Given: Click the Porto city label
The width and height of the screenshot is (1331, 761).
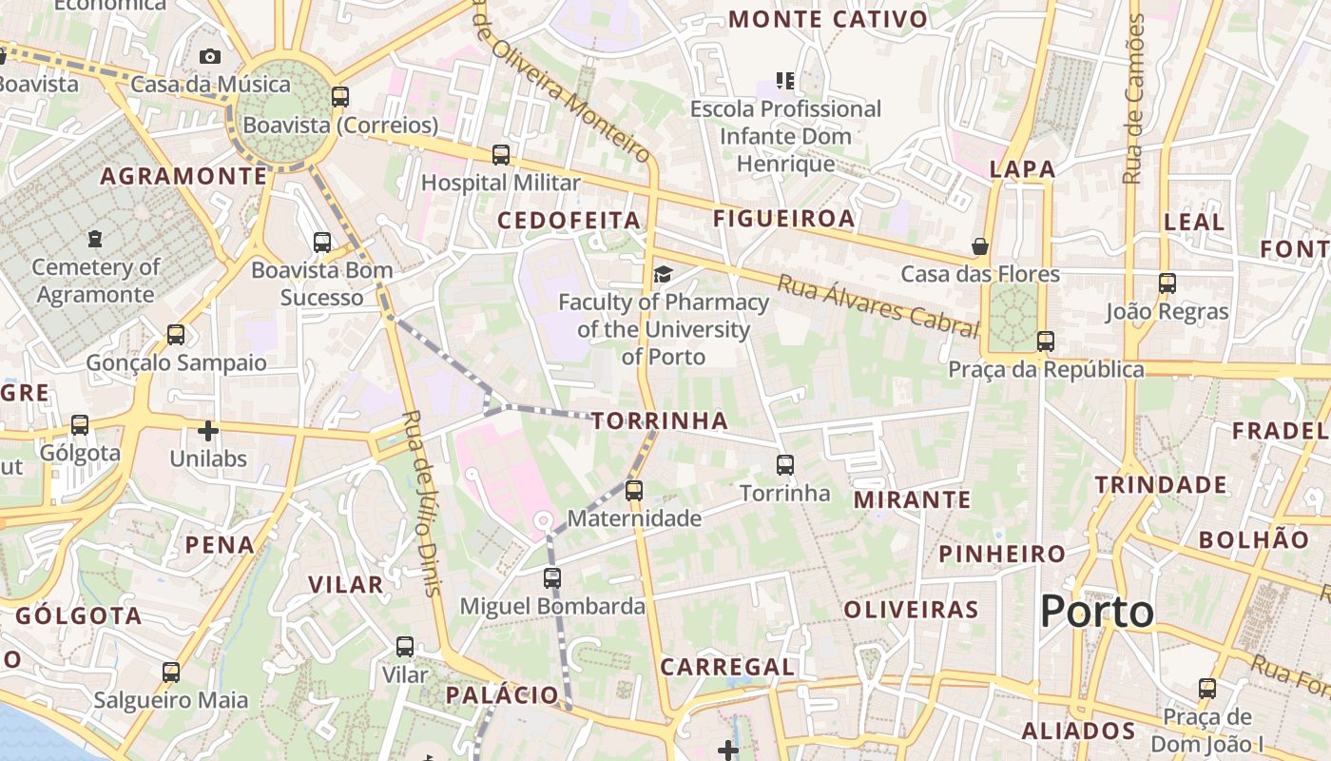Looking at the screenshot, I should point(1097,612).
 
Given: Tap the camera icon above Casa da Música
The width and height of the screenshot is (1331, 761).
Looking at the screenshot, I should point(210,57).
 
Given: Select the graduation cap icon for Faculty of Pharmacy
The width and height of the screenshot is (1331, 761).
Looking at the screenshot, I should point(663,275).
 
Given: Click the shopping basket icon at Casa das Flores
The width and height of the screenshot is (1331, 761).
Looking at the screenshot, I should point(980,247).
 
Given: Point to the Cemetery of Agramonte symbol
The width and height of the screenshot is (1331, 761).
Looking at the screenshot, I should point(94,238).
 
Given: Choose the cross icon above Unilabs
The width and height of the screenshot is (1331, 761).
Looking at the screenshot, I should point(208,431).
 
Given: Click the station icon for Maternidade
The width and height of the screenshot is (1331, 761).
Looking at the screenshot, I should point(634,491).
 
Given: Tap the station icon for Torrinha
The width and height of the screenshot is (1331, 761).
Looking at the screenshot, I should point(785,464).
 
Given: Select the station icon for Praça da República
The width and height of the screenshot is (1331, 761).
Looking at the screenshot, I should point(1046,341).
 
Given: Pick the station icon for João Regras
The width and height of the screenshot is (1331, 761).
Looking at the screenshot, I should point(1167,283).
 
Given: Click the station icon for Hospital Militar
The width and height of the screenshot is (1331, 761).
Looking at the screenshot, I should point(501,154).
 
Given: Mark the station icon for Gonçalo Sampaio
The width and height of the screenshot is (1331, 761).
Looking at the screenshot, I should point(176,335).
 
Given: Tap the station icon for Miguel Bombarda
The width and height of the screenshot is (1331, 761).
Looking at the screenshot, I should point(552,577).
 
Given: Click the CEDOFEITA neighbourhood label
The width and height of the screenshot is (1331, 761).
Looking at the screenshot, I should point(569,221).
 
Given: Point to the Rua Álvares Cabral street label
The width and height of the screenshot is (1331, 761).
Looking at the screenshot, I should point(878,305).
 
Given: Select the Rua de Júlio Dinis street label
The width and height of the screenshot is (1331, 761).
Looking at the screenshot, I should point(423,502).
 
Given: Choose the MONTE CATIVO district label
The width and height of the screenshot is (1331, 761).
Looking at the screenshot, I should point(828,19).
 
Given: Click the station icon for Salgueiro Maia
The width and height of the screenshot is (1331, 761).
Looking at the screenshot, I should point(171,673).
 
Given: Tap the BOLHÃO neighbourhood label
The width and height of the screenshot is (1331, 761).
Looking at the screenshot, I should point(1253,539).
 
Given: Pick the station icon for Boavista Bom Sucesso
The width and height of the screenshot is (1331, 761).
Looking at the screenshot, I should point(322,243).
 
